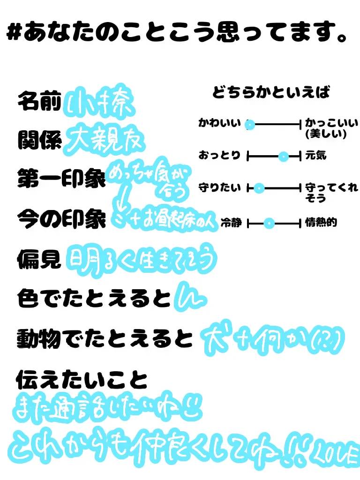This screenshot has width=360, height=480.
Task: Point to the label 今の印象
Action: pyautogui.click(x=61, y=218)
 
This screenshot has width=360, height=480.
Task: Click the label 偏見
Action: pyautogui.click(x=39, y=259)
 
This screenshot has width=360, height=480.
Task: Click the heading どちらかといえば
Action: pyautogui.click(x=271, y=92)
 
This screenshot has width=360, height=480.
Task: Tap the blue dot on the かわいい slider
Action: pyautogui.click(x=250, y=125)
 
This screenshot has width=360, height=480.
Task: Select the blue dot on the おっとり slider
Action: pyautogui.click(x=283, y=157)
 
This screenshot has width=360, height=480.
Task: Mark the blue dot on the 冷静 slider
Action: pyautogui.click(x=268, y=224)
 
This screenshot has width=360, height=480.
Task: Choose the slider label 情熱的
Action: pyautogui.click(x=321, y=224)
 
